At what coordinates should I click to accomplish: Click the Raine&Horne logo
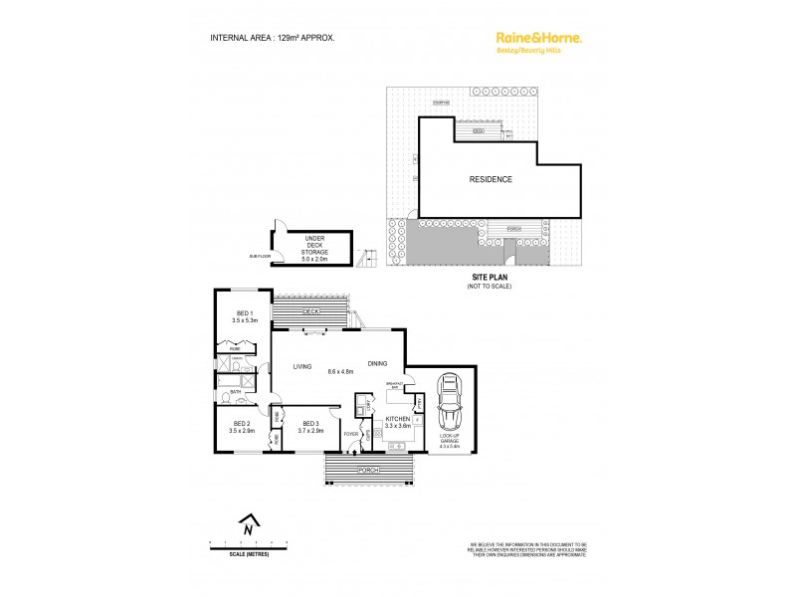[538, 39]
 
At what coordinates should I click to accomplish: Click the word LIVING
[302, 367]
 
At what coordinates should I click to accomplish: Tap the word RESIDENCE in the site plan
[491, 180]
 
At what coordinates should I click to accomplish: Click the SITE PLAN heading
[487, 279]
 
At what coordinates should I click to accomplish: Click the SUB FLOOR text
[261, 256]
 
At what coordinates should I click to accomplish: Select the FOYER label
[350, 434]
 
